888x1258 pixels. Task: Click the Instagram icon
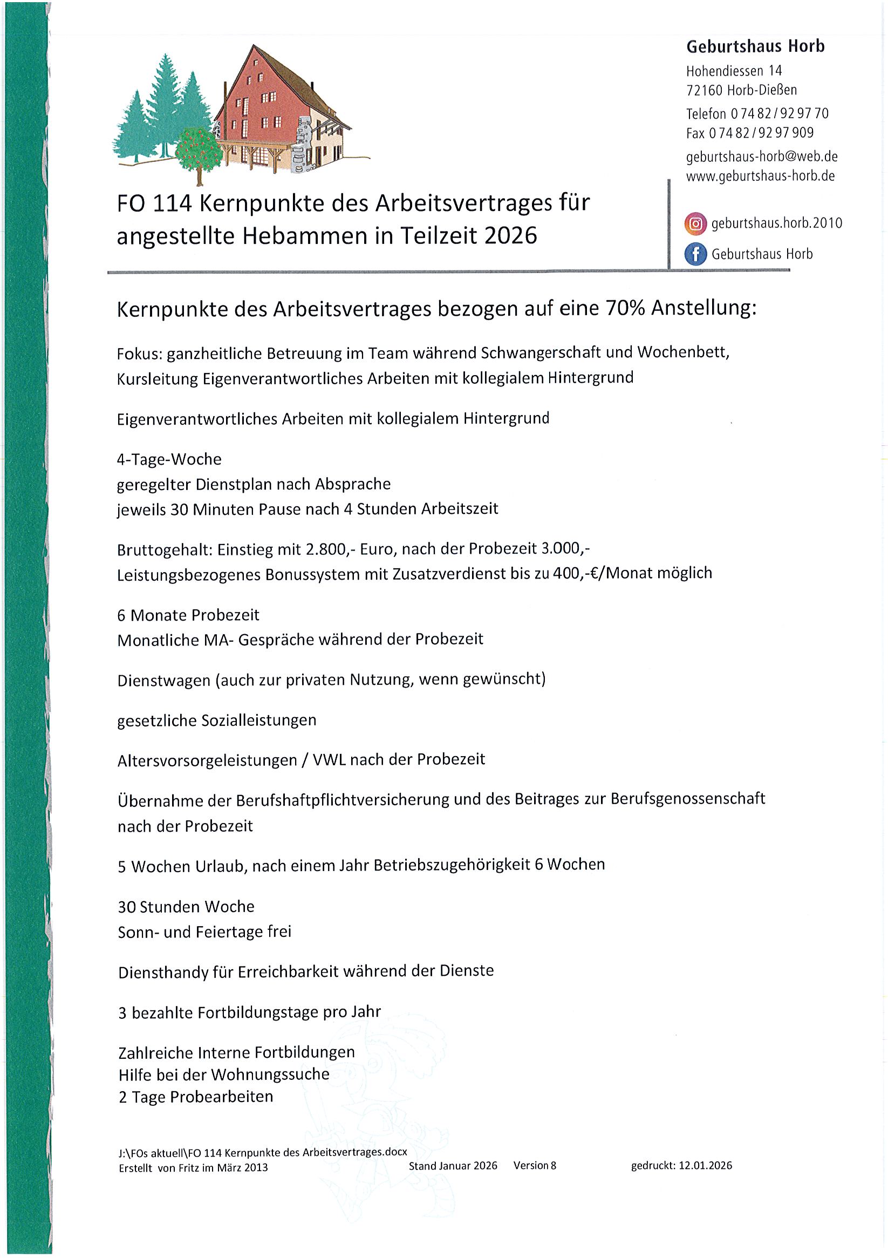coord(695,223)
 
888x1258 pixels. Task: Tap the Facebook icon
coord(695,254)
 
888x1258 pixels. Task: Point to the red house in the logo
coord(263,104)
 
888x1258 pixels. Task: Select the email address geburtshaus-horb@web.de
coord(761,157)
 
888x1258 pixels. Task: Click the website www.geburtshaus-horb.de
coord(760,176)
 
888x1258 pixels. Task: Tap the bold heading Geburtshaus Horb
coord(755,46)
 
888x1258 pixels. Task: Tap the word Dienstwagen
coord(164,681)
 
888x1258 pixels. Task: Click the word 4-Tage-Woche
coord(169,459)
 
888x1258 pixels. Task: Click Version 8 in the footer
coord(535,1166)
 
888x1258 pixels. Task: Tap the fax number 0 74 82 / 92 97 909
coord(761,133)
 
